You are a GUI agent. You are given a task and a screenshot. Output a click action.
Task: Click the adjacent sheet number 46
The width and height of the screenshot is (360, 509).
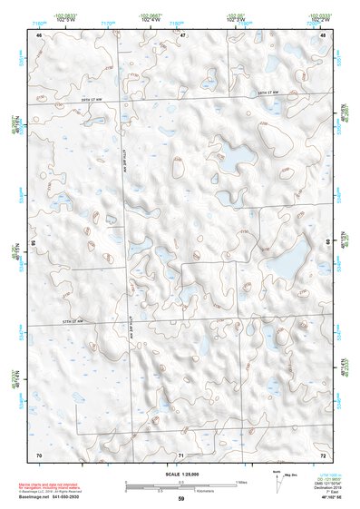pos(39,34)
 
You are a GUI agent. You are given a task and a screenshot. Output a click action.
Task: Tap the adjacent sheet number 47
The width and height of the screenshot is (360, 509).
pos(182,34)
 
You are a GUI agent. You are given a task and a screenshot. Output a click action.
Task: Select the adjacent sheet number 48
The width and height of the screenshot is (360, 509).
pos(323,34)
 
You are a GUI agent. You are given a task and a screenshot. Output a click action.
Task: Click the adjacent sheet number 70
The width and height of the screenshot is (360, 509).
pos(39,454)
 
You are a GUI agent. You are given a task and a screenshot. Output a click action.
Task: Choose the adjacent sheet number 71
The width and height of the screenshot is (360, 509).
pos(181,454)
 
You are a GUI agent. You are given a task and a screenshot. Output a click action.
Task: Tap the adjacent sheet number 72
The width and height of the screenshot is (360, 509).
pos(323,454)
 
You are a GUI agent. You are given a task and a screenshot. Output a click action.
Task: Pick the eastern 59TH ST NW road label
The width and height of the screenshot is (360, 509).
pos(270,93)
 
